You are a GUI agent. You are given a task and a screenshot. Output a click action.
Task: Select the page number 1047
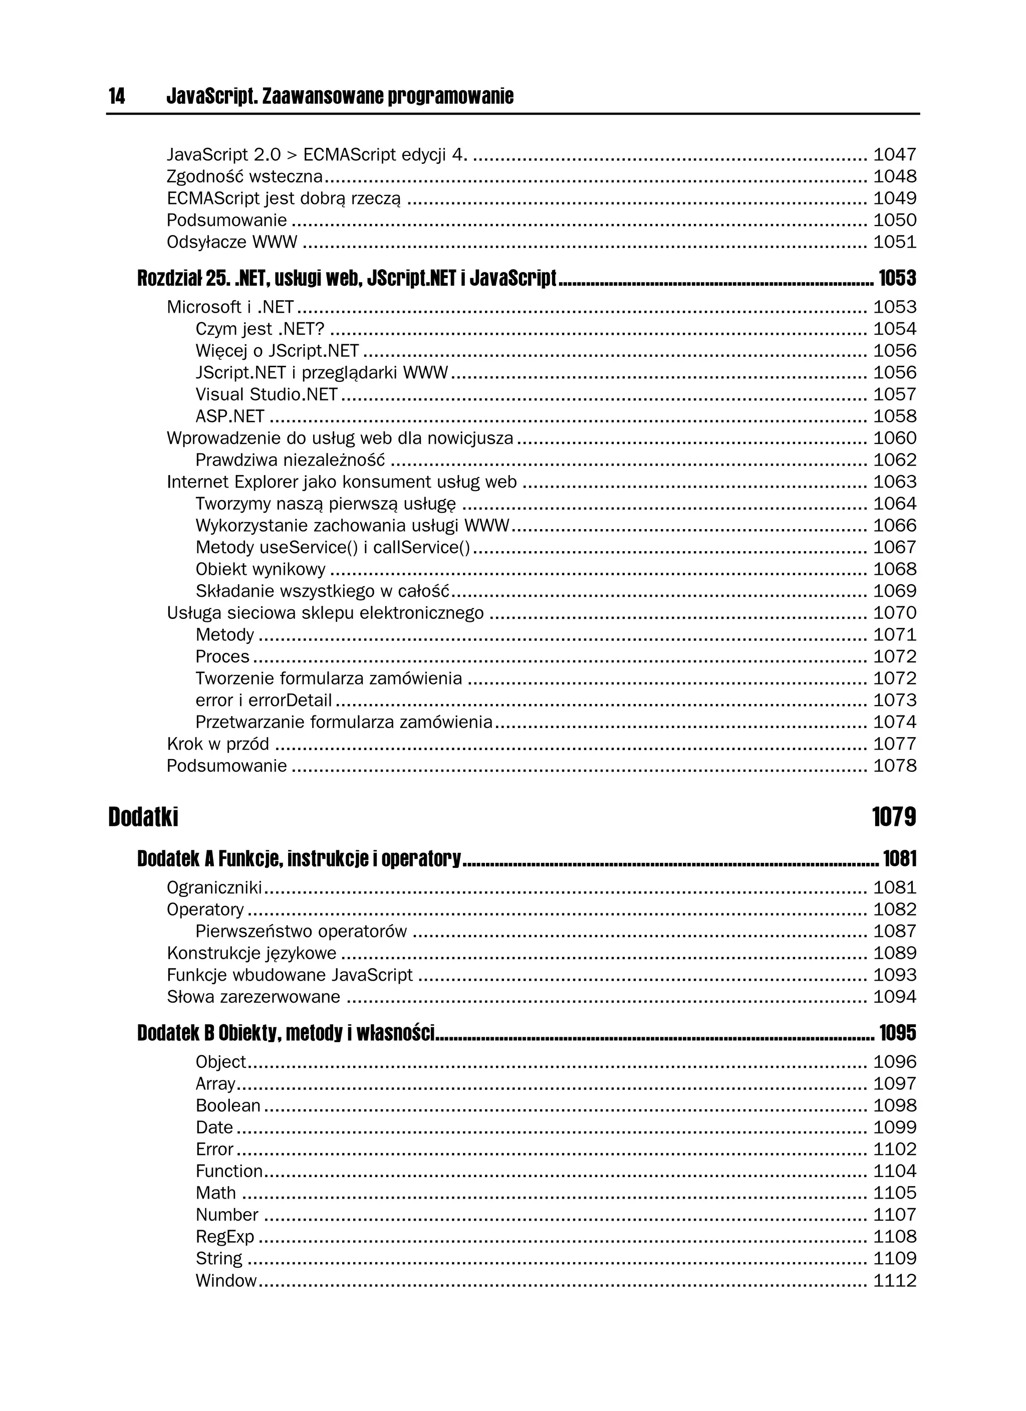895,154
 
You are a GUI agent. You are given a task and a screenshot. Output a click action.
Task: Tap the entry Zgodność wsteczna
244,177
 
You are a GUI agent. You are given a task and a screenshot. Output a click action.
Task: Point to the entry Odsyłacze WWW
231,242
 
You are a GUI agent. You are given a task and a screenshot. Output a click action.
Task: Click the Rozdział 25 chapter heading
346,278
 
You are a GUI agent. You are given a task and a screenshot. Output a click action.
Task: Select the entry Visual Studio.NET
267,394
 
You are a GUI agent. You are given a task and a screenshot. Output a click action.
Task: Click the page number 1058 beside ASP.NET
895,416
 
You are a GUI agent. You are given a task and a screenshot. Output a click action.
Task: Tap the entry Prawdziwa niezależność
290,460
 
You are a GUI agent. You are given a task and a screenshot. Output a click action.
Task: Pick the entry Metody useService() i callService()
332,548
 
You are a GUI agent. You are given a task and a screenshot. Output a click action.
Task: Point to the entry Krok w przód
218,744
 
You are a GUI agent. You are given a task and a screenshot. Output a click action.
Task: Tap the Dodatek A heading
299,859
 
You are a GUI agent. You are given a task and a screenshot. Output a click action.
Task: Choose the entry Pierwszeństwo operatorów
301,931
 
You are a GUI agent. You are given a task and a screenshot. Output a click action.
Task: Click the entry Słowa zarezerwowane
253,997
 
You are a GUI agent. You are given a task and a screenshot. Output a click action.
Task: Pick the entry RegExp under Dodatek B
224,1237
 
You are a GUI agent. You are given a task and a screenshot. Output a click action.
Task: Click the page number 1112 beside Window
895,1280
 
